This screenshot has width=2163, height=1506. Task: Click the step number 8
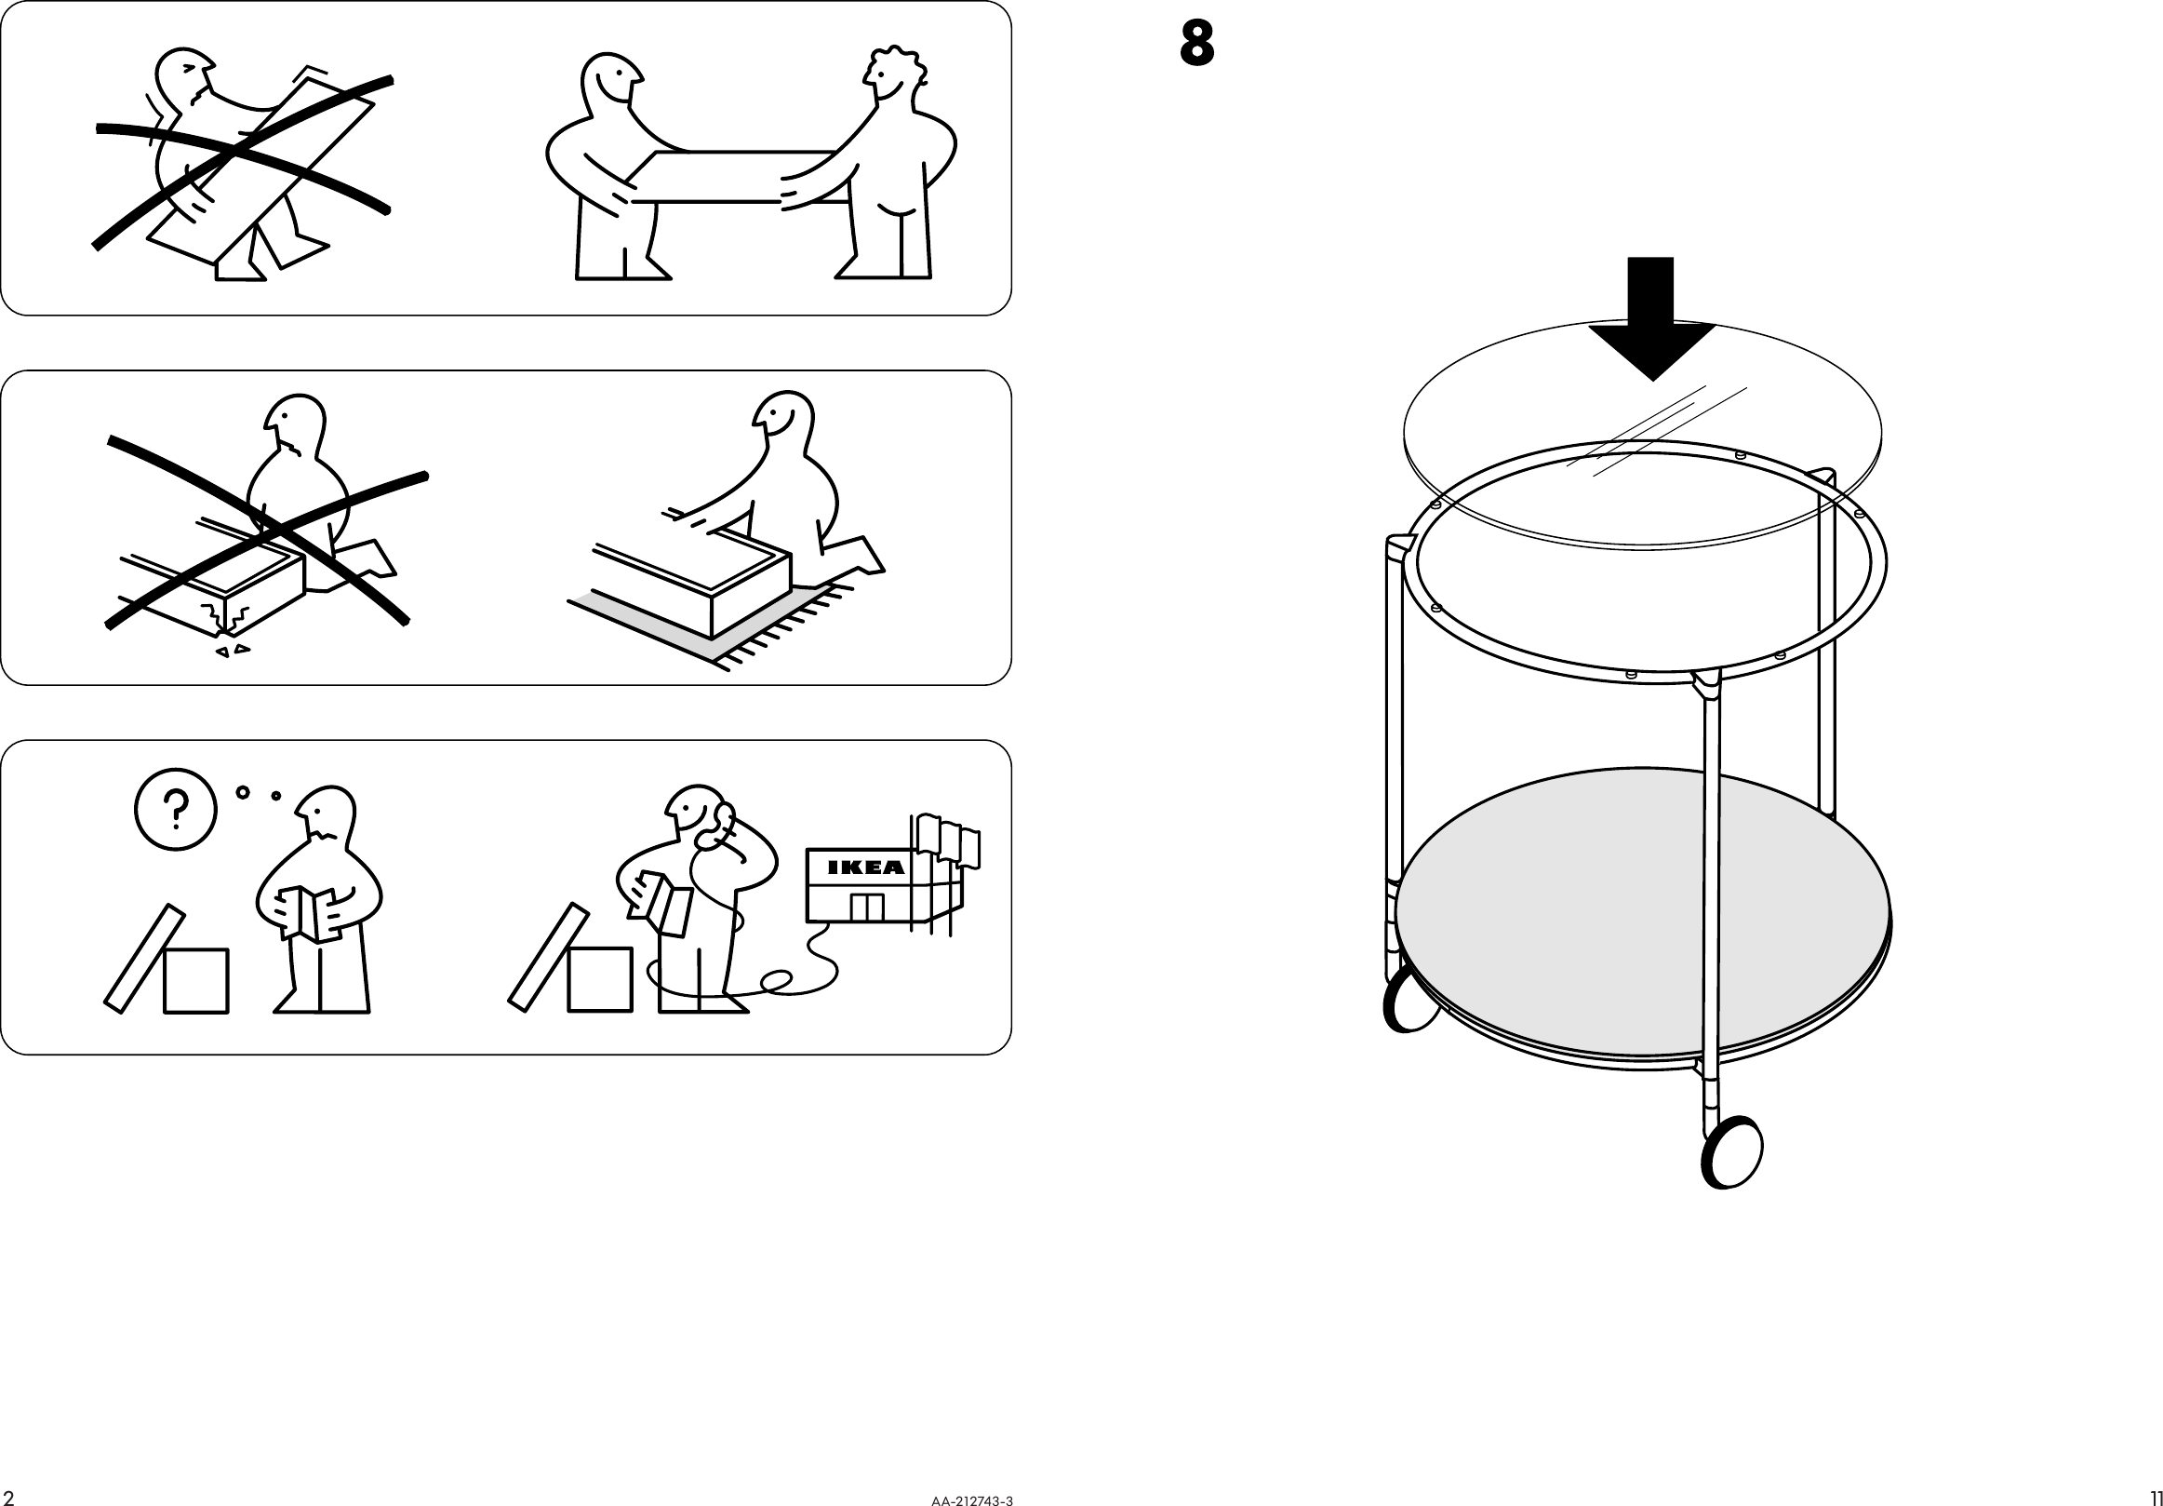tap(1196, 45)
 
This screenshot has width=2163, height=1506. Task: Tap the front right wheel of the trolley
tap(1731, 1151)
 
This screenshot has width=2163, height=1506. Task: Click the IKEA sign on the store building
tap(865, 867)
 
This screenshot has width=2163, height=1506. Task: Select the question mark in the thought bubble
tap(176, 810)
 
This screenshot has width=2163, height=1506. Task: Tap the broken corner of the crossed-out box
tap(227, 622)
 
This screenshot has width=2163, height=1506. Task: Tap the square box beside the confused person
tap(196, 980)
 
